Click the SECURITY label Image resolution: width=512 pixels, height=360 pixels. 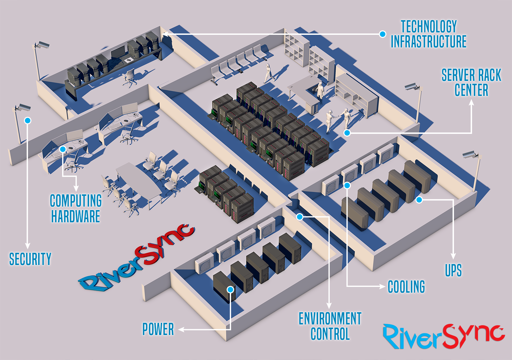(30, 259)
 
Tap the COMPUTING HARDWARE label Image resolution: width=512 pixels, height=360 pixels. (75, 208)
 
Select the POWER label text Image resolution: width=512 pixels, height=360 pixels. (158, 329)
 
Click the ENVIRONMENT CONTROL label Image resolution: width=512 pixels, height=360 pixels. (330, 326)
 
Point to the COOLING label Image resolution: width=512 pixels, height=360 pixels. (406, 287)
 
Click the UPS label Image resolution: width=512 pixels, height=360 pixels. (453, 271)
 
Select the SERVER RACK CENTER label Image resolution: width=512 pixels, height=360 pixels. (471, 83)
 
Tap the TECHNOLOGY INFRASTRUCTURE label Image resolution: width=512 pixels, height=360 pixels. (428, 34)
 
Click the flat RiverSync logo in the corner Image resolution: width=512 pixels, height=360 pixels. (443, 336)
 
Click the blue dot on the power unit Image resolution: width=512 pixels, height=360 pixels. (231, 290)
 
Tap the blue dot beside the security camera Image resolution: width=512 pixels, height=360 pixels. (28, 121)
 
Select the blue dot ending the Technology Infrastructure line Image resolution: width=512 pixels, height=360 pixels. (383, 34)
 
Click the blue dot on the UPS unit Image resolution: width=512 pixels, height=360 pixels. (419, 200)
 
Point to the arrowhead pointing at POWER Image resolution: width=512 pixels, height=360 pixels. (181, 330)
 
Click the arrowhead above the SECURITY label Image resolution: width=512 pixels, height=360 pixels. (28, 246)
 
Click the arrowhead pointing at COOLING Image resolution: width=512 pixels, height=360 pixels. (383, 286)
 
